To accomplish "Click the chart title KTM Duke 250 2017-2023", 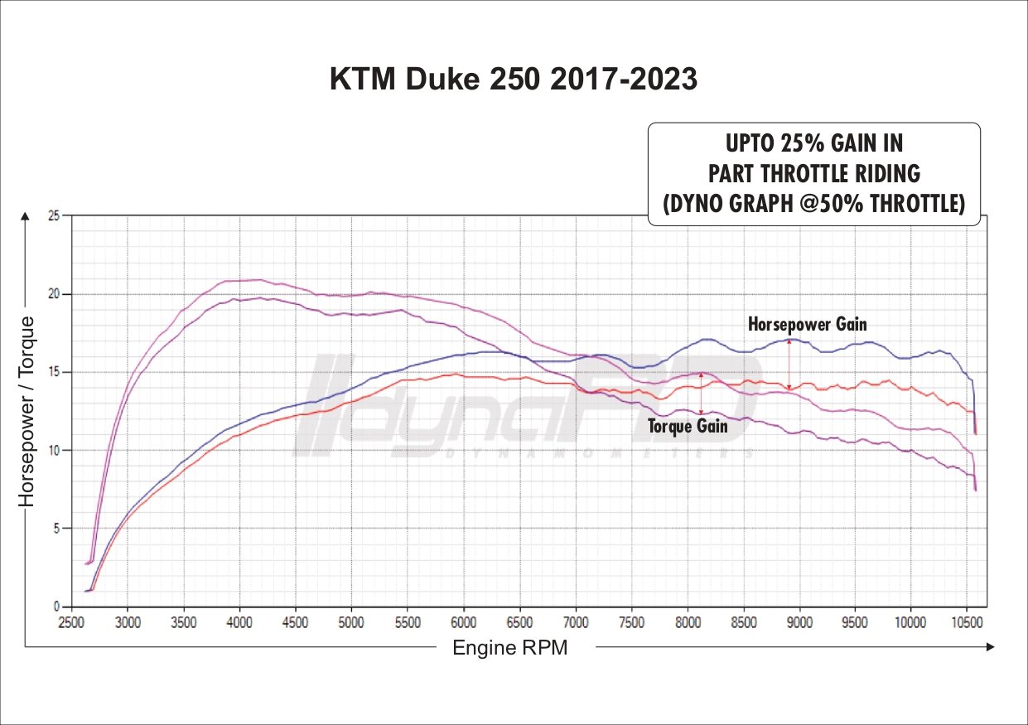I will tap(514, 80).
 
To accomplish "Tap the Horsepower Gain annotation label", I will tap(807, 324).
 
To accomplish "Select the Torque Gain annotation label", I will tap(688, 427).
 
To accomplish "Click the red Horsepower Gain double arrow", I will tap(789, 364).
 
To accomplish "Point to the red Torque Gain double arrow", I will tap(702, 394).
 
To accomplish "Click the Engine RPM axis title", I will tap(510, 648).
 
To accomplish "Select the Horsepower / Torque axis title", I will tap(27, 411).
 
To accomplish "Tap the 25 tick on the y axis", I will tap(55, 216).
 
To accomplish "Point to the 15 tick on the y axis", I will tap(55, 372).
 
